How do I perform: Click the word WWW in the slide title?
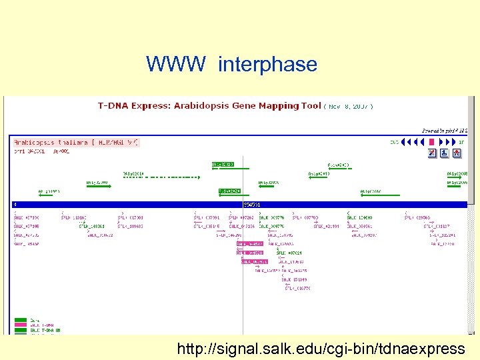(177, 65)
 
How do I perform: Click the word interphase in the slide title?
(267, 65)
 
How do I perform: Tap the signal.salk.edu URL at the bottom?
(321, 348)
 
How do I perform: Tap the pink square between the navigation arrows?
(431, 142)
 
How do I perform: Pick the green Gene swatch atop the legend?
(21, 320)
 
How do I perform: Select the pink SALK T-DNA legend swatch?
(21, 325)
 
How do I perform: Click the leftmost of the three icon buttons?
(432, 153)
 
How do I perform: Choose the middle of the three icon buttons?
(444, 153)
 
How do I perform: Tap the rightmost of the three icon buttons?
(457, 153)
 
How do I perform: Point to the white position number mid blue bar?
(251, 204)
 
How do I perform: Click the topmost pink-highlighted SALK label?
(249, 245)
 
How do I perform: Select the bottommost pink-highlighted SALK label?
(253, 261)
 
